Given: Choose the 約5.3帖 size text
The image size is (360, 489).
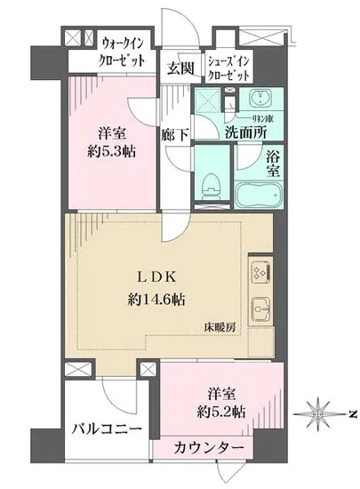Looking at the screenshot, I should click(111, 150).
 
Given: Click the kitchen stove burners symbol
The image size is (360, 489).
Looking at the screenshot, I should click(260, 269).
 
